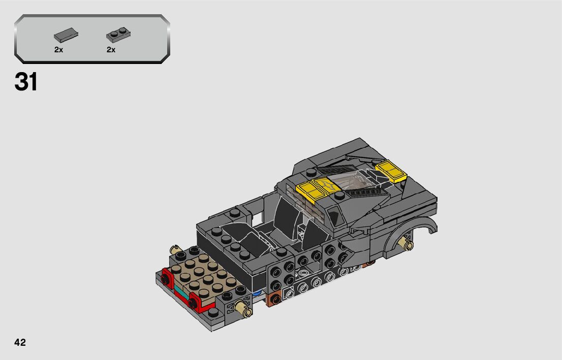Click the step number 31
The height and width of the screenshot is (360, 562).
[x=26, y=82]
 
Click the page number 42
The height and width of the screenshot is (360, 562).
[x=20, y=342]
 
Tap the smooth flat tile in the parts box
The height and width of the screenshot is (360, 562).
[x=66, y=35]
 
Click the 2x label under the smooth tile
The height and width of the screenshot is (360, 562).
[x=59, y=50]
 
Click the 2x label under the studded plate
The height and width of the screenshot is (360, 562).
[x=111, y=50]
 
